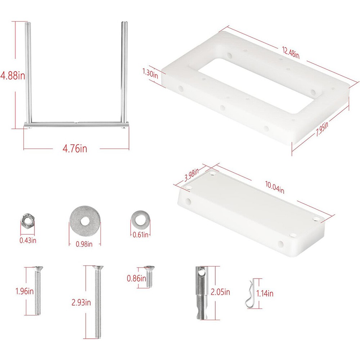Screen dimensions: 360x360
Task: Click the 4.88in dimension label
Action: [x=13, y=75]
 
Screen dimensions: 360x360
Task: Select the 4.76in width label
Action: [x=75, y=148]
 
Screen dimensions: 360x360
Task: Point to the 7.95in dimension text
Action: [x=322, y=129]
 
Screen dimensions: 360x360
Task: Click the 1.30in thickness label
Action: [x=150, y=73]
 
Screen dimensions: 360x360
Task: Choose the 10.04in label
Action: [x=275, y=187]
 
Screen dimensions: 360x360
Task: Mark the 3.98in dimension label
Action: [x=192, y=175]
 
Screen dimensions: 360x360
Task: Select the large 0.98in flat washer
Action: [x=85, y=221]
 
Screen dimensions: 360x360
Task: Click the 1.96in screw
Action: [x=38, y=291]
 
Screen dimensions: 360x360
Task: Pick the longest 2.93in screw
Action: [x=98, y=302]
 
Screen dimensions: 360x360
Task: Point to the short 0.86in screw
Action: [x=149, y=276]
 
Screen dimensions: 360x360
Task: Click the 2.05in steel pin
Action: [x=202, y=293]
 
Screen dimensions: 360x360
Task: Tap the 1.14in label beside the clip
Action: [x=265, y=293]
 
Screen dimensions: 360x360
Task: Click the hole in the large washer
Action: [x=85, y=221]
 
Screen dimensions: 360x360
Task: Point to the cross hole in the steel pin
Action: [x=202, y=273]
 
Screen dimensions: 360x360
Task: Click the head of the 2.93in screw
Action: [x=98, y=267]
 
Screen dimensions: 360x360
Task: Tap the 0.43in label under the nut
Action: [x=28, y=240]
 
